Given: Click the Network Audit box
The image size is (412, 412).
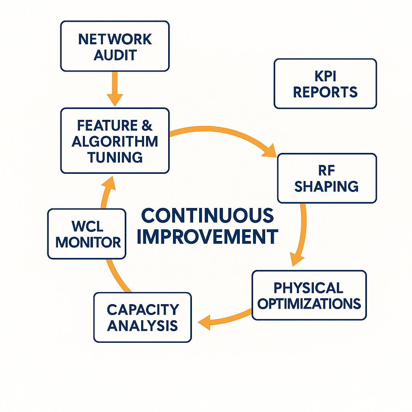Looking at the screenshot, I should coord(115,46).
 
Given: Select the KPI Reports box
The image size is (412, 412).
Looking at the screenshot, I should coord(325,84).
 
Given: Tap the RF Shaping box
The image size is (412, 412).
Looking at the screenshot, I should coord(327,178).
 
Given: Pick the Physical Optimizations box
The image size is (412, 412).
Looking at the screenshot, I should coord(309,295).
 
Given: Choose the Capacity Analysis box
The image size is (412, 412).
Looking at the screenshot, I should coord(142,317).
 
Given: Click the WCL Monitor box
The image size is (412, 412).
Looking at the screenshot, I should coord(87,233).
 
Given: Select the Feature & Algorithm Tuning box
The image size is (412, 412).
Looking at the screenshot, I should coord(115,141).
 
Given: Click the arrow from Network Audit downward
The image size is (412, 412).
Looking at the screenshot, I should coord(115,89).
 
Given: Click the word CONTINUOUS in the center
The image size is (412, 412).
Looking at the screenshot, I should coord(208,216).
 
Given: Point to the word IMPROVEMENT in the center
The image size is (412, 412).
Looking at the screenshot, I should coord(208,236).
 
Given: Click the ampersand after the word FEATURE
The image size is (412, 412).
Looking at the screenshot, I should coord(147,126).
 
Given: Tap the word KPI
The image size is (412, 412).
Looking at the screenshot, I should coord(325,76).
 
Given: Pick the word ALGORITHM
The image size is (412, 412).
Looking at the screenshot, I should coord(115,142).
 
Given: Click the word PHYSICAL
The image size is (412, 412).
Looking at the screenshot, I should coord(308,288).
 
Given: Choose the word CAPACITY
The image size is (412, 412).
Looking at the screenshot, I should coord(142,309).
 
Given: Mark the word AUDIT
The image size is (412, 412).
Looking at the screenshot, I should coord(115,54).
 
